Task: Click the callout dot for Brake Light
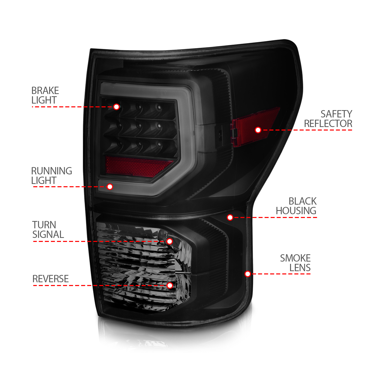[x=116, y=107]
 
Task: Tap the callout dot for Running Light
[x=110, y=187]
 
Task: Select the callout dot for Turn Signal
[x=170, y=241]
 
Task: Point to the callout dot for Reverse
[x=170, y=285]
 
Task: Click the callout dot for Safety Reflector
[x=258, y=130]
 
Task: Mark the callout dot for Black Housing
[x=230, y=217]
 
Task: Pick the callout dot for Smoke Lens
[x=248, y=274]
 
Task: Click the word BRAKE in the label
[x=45, y=91]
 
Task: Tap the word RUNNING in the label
[x=51, y=171]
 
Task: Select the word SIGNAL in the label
[x=48, y=235]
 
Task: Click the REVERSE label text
[x=50, y=279]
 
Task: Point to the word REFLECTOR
[x=328, y=124]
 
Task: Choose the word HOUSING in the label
[x=296, y=211]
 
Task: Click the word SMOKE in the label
[x=295, y=258]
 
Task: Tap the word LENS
[x=300, y=268]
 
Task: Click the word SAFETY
[x=336, y=114]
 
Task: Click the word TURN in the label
[x=44, y=225]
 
